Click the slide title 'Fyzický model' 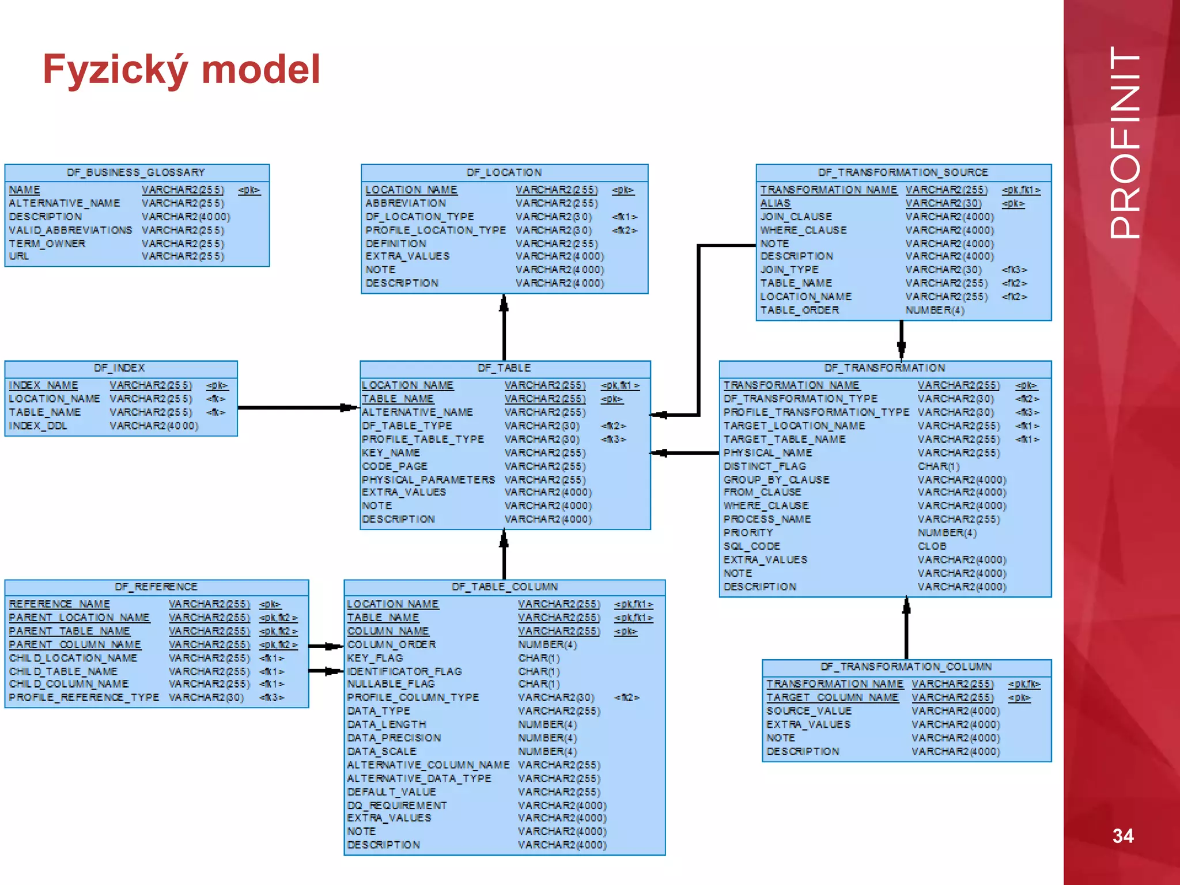coord(181,69)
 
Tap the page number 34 coord(1122,835)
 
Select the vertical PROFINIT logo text coord(1124,142)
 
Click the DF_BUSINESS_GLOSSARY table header coord(136,172)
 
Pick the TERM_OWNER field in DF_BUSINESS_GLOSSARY coord(47,244)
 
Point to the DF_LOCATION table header coord(504,172)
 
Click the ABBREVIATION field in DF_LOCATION coord(406,203)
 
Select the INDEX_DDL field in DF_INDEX coord(38,426)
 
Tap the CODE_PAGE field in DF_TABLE coord(395,466)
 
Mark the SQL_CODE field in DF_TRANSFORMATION coord(752,546)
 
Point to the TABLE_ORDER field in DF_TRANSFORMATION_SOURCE coord(800,310)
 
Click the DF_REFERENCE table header coord(156,587)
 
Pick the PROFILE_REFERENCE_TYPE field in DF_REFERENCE coord(84,697)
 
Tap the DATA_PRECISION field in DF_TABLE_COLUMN coord(394,738)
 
